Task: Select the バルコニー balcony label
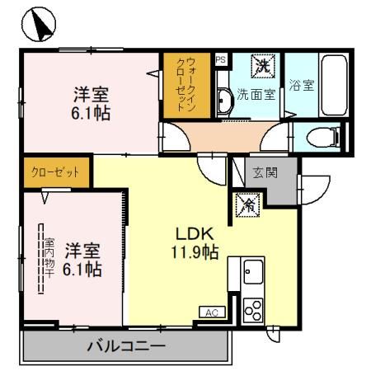[126, 346]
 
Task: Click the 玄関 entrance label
[264, 173]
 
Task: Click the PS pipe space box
[220, 60]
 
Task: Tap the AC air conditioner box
[210, 312]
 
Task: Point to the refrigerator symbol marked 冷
[247, 205]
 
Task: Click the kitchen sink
[253, 271]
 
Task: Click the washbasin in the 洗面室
[224, 101]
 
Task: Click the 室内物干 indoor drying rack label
[49, 258]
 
